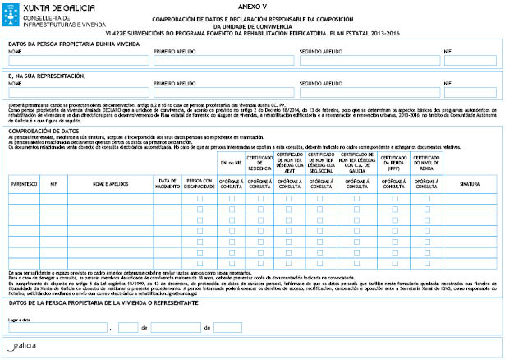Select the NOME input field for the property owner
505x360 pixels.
click(x=78, y=59)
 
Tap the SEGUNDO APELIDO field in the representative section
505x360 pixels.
click(x=369, y=92)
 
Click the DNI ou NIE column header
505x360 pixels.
click(x=232, y=163)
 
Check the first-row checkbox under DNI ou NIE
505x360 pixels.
click(x=232, y=198)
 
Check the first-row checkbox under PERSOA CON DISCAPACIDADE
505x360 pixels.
click(x=200, y=198)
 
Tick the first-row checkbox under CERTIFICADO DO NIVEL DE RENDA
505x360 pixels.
click(x=426, y=198)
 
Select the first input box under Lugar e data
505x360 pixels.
click(x=58, y=327)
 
